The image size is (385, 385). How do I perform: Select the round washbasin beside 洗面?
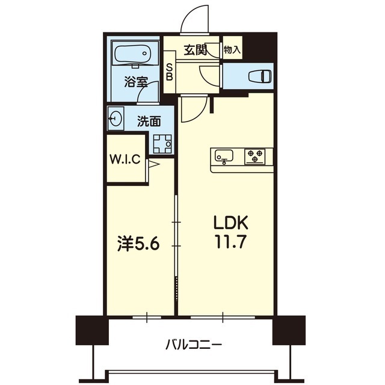pos(115,119)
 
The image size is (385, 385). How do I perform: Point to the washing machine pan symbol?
pos(162,144)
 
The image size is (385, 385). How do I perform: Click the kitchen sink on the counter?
pos(224,156)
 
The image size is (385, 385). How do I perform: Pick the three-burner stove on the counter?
pos(255,156)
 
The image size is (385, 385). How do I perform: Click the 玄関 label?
pos(196,51)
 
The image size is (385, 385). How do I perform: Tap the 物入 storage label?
pos(232,50)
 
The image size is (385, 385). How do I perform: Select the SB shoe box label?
pos(170,72)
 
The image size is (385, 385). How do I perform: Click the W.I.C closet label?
pos(125,159)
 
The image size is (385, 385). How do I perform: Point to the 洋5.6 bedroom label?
pos(138,244)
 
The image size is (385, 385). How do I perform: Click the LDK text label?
pos(230,223)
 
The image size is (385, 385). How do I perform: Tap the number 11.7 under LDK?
pos(230,242)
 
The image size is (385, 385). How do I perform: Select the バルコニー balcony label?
pos(194,345)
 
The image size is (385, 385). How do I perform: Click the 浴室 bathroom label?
pos(136,82)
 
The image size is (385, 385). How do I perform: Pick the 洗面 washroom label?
pos(149,121)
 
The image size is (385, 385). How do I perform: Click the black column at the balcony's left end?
pos(92,330)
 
